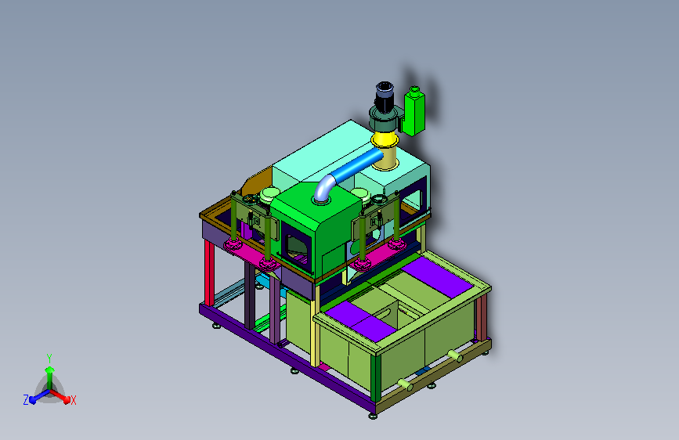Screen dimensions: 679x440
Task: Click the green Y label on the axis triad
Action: pyautogui.click(x=49, y=359)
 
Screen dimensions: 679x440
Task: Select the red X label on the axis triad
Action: pyautogui.click(x=73, y=400)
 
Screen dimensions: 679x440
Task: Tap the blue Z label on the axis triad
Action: pyautogui.click(x=26, y=400)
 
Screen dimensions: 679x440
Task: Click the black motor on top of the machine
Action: pyautogui.click(x=384, y=97)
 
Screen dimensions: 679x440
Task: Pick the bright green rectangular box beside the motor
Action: pyautogui.click(x=414, y=111)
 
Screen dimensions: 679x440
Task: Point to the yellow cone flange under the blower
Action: pyautogui.click(x=385, y=141)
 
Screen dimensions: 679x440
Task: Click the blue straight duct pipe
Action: pyautogui.click(x=357, y=165)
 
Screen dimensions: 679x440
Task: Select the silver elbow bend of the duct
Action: pyautogui.click(x=324, y=189)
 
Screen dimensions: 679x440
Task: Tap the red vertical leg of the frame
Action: pyautogui.click(x=209, y=272)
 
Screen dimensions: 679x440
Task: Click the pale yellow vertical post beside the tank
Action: pyautogui.click(x=316, y=325)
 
